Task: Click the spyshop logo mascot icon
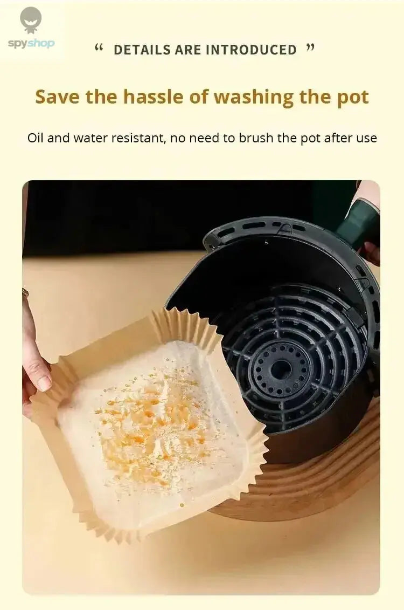click(31, 20)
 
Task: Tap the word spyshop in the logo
click(31, 44)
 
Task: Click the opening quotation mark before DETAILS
click(99, 48)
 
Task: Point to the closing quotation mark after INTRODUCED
click(310, 48)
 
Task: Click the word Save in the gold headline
click(58, 97)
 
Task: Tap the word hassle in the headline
click(155, 97)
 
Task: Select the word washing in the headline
click(261, 97)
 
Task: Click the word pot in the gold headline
click(353, 97)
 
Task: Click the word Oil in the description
click(35, 138)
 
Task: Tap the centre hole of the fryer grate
click(281, 369)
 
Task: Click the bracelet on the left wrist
click(25, 292)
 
